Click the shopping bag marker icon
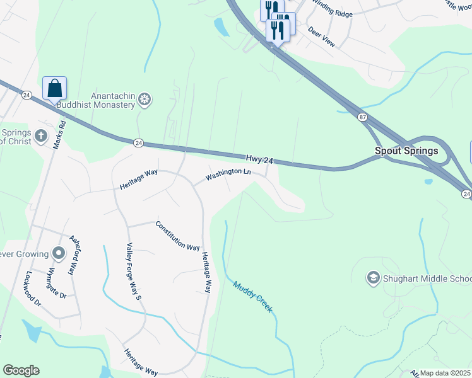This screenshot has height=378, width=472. [55, 88]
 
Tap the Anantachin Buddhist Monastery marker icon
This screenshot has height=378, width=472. [145, 99]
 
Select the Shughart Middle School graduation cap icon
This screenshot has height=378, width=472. [373, 278]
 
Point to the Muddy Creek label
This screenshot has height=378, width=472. [252, 297]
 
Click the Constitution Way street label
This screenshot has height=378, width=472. [177, 236]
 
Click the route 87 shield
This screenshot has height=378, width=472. [362, 117]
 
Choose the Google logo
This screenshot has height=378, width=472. [21, 370]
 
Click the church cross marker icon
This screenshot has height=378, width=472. [40, 136]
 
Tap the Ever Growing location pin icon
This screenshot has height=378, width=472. [59, 254]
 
